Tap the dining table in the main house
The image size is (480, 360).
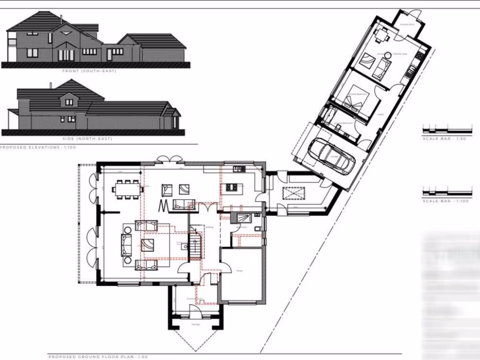(127, 189)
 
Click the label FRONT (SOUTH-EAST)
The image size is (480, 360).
(89, 71)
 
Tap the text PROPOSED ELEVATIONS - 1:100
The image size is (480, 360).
(37, 147)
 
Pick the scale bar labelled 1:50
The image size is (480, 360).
(447, 129)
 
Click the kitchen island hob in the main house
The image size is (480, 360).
(232, 188)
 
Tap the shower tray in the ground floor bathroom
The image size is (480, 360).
(244, 217)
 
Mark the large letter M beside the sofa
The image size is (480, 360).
(164, 205)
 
